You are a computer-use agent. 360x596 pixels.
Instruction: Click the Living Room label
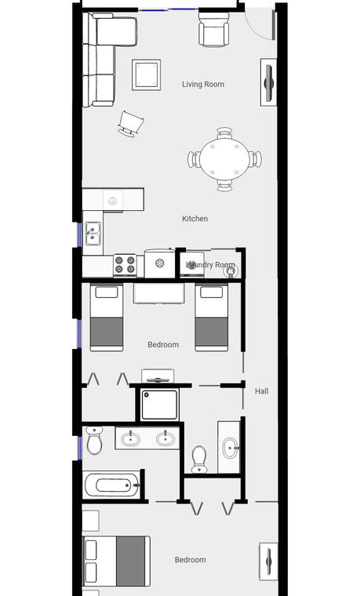pos(203,84)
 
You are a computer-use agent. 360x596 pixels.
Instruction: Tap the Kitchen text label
pos(195,219)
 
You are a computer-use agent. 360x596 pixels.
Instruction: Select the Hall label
pos(261,391)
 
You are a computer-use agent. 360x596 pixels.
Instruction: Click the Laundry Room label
pos(210,264)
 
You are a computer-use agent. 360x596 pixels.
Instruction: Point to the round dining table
pos(224,159)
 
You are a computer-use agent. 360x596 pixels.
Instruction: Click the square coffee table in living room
pos(146,74)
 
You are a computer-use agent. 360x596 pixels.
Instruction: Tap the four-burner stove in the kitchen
pos(125,265)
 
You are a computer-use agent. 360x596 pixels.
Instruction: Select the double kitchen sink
pos(93,234)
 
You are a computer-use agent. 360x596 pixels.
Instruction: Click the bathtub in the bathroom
pos(111,485)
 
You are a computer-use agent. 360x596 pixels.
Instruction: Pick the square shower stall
pos(159,405)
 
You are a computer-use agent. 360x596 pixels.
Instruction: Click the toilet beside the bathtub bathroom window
pos(94,440)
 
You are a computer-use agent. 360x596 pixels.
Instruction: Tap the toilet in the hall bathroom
pos(199,460)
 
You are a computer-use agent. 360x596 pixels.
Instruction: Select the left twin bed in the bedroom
pos(107,318)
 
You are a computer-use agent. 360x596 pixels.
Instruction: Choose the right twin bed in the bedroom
pos(211,318)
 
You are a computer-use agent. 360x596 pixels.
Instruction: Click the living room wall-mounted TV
pos(268,82)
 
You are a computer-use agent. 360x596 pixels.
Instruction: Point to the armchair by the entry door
pos(213,29)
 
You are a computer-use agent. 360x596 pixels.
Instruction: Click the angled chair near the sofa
pos(130,124)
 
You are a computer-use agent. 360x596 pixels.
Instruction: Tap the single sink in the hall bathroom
pos(230,448)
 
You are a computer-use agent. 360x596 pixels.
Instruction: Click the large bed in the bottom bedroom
pos(116,561)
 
